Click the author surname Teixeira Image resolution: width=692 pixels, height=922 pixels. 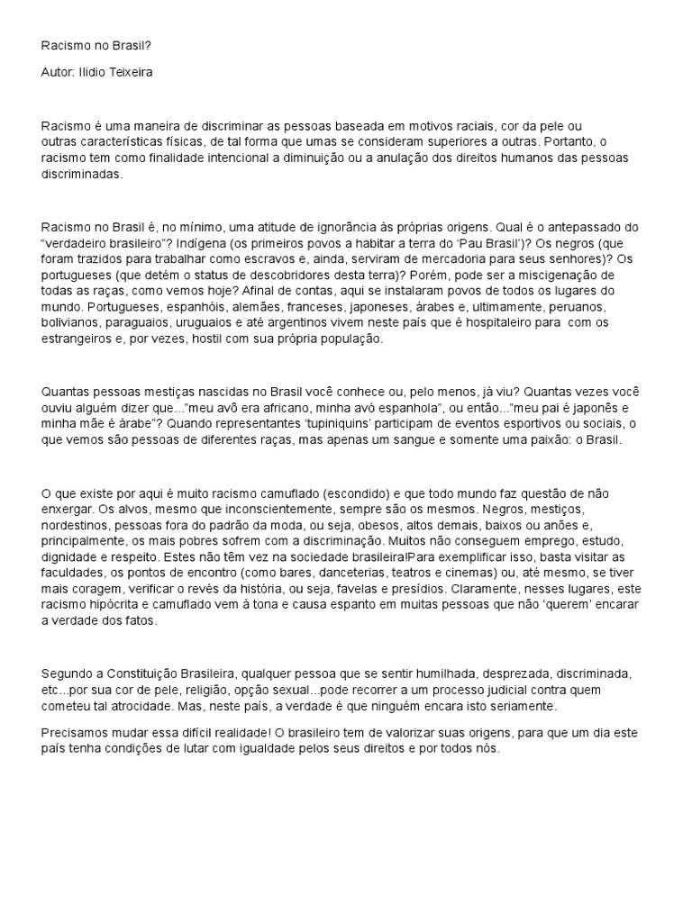pyautogui.click(x=126, y=72)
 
